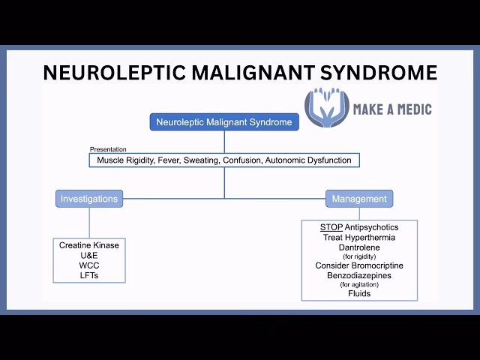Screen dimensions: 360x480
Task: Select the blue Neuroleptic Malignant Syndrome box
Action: click(x=225, y=121)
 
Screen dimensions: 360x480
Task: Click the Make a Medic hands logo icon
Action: click(x=327, y=109)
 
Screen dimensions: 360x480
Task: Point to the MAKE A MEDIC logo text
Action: click(x=391, y=109)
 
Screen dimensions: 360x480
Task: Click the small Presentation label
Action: click(x=108, y=149)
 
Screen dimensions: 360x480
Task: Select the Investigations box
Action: click(x=89, y=199)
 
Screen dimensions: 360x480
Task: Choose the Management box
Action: click(x=359, y=199)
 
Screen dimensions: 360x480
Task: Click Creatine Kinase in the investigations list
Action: click(x=89, y=245)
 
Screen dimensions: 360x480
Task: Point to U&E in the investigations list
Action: click(x=89, y=255)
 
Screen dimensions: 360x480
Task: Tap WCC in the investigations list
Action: click(x=89, y=265)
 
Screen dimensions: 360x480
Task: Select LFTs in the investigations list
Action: click(x=89, y=275)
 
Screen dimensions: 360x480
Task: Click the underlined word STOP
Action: click(x=331, y=227)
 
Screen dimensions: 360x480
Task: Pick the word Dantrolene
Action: click(x=359, y=247)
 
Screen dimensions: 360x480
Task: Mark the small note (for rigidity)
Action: click(x=359, y=256)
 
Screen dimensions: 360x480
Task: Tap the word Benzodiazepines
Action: click(x=359, y=275)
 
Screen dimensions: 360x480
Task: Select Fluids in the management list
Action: click(x=359, y=293)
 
